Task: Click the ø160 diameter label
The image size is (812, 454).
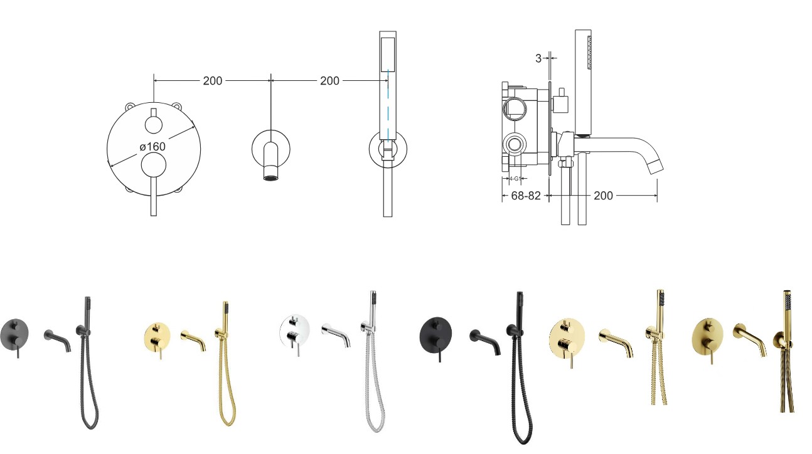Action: [x=152, y=146]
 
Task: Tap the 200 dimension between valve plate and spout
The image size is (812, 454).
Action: [x=213, y=80]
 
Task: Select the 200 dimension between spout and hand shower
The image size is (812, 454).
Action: [x=329, y=80]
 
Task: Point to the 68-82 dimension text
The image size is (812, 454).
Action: [x=526, y=196]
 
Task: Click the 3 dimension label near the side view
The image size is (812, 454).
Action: [x=538, y=58]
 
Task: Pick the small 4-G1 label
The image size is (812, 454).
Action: [x=515, y=179]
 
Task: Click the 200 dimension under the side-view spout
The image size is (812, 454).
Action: [x=603, y=196]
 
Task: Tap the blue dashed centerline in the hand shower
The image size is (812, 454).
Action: [x=388, y=105]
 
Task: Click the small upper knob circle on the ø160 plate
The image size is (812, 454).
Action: [x=154, y=124]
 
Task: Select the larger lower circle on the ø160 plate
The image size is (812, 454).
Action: [x=154, y=165]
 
